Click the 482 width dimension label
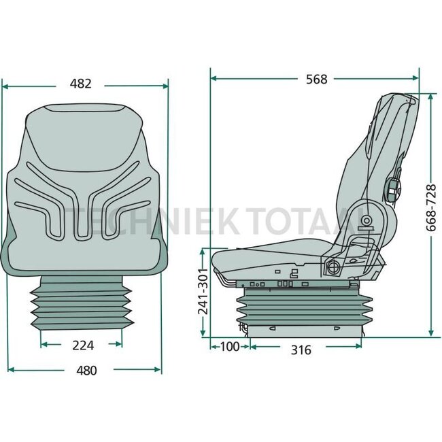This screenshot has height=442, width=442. [80, 84]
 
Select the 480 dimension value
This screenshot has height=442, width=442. [86, 371]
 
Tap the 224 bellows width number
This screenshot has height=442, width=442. [82, 345]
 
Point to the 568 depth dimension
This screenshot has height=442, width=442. [316, 79]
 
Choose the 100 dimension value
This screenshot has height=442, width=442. [231, 347]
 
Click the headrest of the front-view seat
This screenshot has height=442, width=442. [85, 122]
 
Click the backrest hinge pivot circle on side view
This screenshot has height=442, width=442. [367, 220]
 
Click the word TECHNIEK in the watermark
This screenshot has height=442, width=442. [102, 220]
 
